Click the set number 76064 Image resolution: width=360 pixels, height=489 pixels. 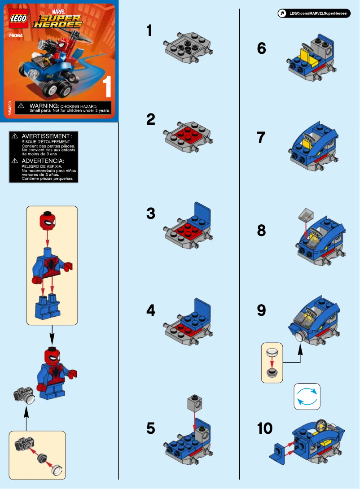pos(16,33)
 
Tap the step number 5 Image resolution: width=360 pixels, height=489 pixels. pos(151,429)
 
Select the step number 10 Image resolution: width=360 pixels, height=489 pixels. pos(265,428)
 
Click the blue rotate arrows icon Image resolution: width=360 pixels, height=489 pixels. pos(307,396)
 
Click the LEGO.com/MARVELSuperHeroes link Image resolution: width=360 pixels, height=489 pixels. pos(314,13)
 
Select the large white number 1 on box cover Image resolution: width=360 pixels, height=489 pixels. pos(107,87)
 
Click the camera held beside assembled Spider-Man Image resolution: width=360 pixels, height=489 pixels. pos(24,395)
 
